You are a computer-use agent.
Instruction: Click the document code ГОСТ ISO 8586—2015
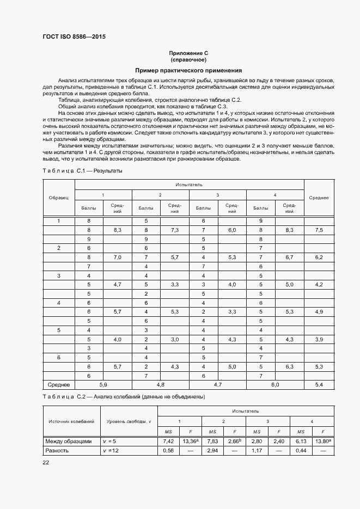pyautogui.click(x=74, y=37)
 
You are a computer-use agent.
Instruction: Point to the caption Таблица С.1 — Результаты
pyautogui.click(x=82, y=171)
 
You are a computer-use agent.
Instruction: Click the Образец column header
pyautogui.click(x=58, y=198)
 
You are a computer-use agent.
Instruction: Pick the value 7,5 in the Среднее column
pyautogui.click(x=319, y=230)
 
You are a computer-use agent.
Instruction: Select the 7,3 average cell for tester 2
pyautogui.click(x=175, y=230)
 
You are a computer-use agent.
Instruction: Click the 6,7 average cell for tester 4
pyautogui.click(x=289, y=256)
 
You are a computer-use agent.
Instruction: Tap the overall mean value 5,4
pyautogui.click(x=319, y=384)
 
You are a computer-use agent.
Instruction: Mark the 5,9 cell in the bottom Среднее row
pyautogui.click(x=103, y=384)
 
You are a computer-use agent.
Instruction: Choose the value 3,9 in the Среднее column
pyautogui.click(x=319, y=339)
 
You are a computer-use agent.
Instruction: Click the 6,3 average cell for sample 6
pyautogui.click(x=289, y=366)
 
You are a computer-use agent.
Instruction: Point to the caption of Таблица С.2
pyautogui.click(x=124, y=397)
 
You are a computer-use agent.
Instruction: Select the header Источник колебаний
pyautogui.click(x=71, y=421)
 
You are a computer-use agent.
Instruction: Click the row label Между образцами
pyautogui.click(x=69, y=441)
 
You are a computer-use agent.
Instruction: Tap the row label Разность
pyautogui.click(x=58, y=451)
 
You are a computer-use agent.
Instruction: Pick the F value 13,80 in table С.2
pyautogui.click(x=322, y=441)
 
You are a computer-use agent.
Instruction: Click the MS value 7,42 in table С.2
pyautogui.click(x=168, y=441)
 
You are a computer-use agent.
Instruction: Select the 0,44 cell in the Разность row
pyautogui.click(x=301, y=451)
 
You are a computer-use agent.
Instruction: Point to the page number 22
pyautogui.click(x=46, y=463)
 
